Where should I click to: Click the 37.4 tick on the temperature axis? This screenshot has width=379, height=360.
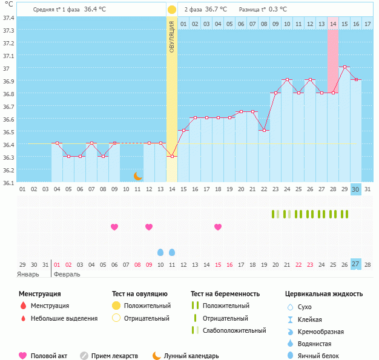[x=8, y=18]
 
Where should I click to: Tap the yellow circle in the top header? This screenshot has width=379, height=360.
[x=172, y=10]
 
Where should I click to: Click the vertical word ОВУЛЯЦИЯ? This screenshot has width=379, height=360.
[x=172, y=37]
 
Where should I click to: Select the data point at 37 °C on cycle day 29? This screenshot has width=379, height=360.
[x=344, y=67]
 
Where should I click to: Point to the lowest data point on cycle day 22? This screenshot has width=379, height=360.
[x=264, y=131]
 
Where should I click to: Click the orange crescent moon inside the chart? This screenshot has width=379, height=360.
[x=138, y=176]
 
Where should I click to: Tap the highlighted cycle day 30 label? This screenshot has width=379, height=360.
[x=356, y=189]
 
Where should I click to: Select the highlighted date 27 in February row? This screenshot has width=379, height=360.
[x=356, y=264]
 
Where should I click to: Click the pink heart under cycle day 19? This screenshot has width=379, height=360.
[x=218, y=227]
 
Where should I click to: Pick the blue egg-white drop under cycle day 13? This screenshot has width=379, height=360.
[x=160, y=252]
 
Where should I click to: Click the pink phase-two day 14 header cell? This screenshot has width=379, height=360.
[x=333, y=24]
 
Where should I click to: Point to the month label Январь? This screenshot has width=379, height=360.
[x=28, y=275]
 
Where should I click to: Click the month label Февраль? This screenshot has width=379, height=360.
[x=67, y=275]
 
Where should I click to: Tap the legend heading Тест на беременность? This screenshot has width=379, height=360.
[x=225, y=294]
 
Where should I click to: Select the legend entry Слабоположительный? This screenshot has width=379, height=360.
[x=234, y=330]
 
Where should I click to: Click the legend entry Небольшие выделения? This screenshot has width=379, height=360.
[x=64, y=318]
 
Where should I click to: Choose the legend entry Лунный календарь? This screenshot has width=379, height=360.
[x=191, y=356]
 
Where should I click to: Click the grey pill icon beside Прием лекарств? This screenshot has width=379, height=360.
[x=84, y=356]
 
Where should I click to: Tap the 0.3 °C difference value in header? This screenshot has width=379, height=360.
[x=278, y=10]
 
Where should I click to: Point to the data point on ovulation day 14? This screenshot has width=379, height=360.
[x=172, y=157]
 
